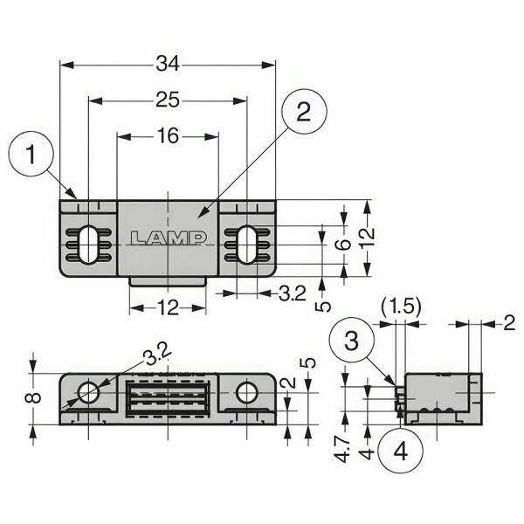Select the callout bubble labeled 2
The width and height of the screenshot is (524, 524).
(302, 113)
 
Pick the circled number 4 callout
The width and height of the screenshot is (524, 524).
(400, 452)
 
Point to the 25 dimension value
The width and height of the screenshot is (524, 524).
(168, 100)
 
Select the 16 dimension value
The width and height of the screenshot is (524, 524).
(167, 135)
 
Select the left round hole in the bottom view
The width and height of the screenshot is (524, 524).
(89, 392)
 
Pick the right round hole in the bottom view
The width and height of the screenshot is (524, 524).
(247, 393)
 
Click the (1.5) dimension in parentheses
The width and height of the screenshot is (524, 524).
(402, 307)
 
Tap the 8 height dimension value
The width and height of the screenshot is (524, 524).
(33, 399)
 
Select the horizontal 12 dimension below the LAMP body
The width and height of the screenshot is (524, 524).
(168, 307)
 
